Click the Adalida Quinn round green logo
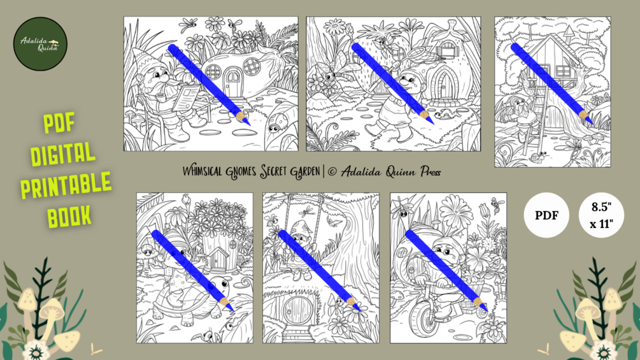point(40,44)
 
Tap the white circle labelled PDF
point(546,215)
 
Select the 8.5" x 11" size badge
point(601,215)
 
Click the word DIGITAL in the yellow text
point(62,154)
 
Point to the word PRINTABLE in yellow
point(66,185)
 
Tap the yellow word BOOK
point(69,217)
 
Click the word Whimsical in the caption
point(203,171)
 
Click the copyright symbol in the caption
point(332,172)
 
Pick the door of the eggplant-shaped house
point(233,83)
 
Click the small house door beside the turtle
point(218,259)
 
